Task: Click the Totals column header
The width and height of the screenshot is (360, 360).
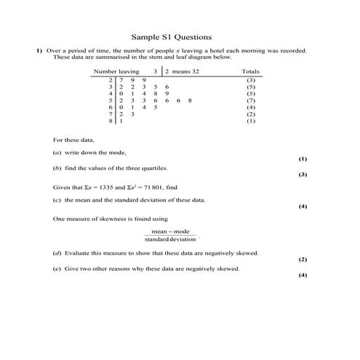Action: point(251,72)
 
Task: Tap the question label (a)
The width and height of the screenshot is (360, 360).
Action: point(57,153)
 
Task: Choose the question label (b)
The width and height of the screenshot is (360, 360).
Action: point(57,168)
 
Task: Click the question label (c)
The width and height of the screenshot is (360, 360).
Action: point(57,199)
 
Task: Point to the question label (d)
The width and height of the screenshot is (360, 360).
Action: point(57,252)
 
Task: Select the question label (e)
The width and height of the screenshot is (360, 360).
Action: point(57,268)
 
